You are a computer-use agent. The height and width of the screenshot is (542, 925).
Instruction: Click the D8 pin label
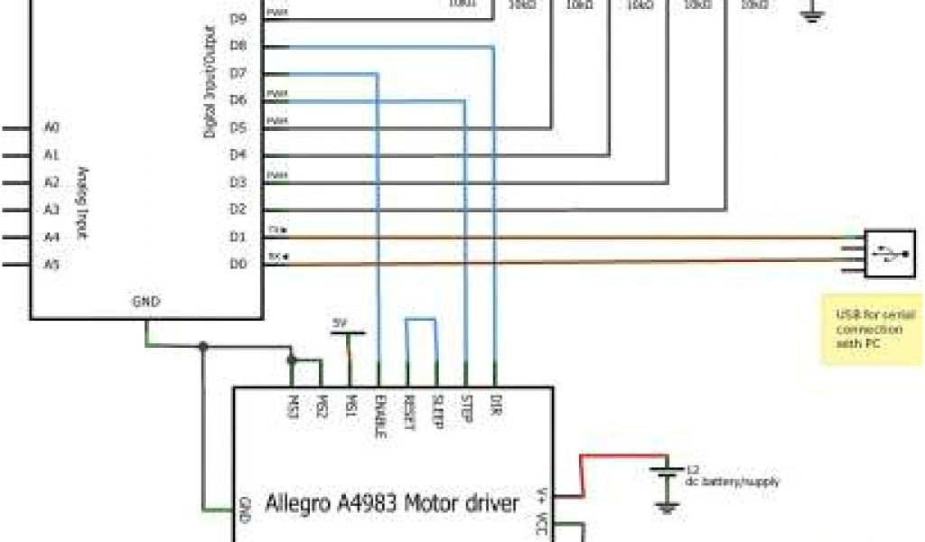tap(238, 45)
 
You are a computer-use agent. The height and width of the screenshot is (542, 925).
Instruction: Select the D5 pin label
tap(238, 127)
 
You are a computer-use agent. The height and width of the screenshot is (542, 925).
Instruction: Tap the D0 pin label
tap(238, 264)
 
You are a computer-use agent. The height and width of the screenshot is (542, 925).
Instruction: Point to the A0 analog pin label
tap(51, 127)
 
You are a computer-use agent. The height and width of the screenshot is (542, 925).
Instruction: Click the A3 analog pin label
tap(51, 210)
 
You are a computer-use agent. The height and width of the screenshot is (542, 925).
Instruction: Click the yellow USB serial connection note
tap(872, 329)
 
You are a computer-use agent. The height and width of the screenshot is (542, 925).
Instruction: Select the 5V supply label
tap(340, 323)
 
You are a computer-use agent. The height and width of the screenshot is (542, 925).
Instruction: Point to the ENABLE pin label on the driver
tap(379, 416)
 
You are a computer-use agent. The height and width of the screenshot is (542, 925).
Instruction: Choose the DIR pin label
tap(496, 403)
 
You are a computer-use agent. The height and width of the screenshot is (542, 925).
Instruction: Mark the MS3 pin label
tap(292, 403)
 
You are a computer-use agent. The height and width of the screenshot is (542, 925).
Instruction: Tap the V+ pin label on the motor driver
tap(541, 494)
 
